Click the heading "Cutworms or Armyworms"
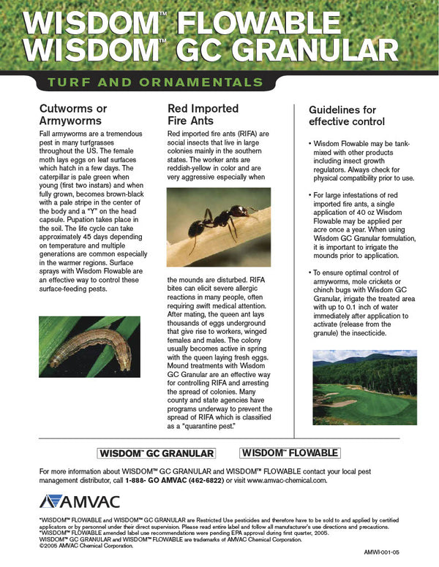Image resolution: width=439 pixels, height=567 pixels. pyautogui.click(x=73, y=115)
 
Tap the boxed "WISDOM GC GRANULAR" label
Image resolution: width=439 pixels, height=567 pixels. pyautogui.click(x=157, y=453)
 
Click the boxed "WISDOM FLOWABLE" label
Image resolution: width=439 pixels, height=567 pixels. pyautogui.click(x=290, y=452)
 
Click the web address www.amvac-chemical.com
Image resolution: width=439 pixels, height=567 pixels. pyautogui.click(x=287, y=481)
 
